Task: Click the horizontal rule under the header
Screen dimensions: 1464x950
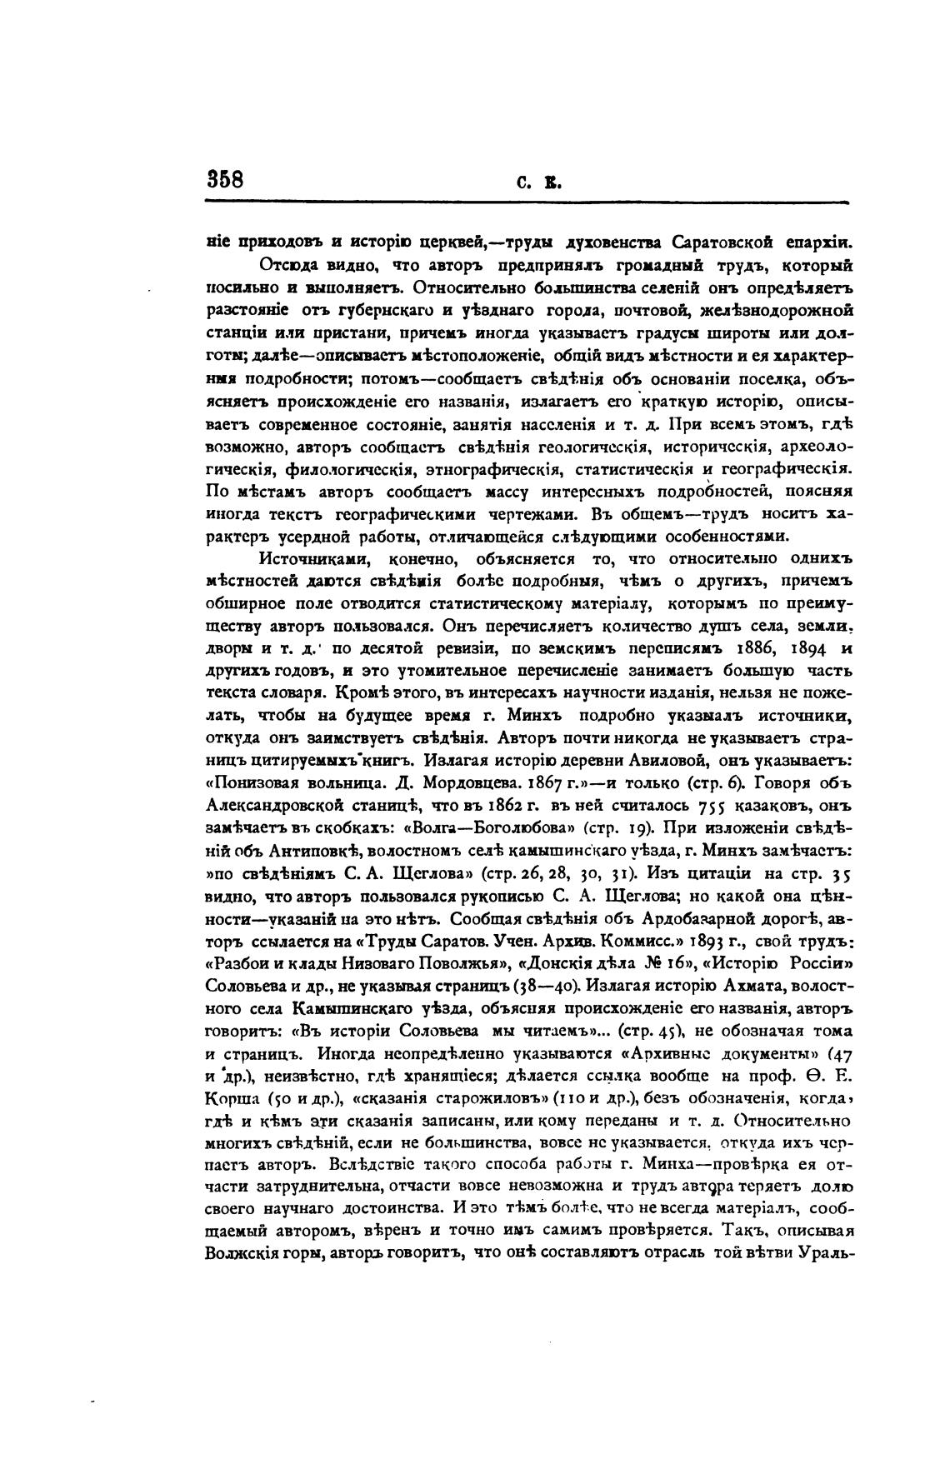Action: click(x=525, y=202)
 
